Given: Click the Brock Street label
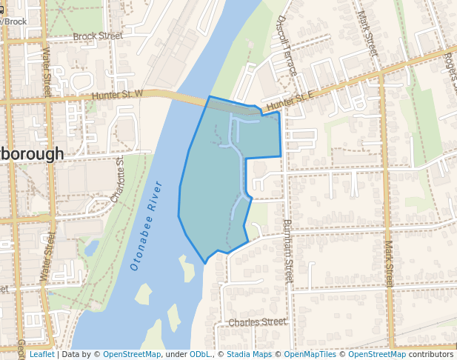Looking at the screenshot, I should pos(98,36).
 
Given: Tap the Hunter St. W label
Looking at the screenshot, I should pos(117,95).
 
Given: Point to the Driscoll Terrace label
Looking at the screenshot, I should pos(287,45).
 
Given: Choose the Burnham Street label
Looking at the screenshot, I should pos(289,250).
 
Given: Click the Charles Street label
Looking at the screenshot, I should pos(257,322).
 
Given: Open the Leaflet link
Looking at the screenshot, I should pos(41,354).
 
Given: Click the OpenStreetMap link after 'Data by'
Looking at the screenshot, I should pos(132,354).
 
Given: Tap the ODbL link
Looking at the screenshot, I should pos(200,354).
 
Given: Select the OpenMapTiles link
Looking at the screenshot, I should pos(310,354).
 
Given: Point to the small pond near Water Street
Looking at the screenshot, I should pos(91,247).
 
